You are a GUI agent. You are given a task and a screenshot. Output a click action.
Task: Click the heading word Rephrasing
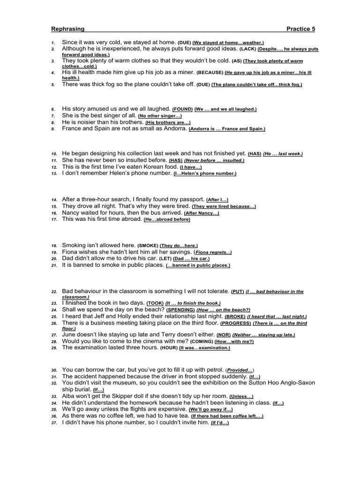pyautogui.click(x=67, y=29)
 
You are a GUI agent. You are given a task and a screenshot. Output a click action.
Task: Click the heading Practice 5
pyautogui.click(x=301, y=29)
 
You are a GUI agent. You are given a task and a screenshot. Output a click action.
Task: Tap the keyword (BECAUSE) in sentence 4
pyautogui.click(x=210, y=73)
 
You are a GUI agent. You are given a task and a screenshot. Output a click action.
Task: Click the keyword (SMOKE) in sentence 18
pyautogui.click(x=148, y=246)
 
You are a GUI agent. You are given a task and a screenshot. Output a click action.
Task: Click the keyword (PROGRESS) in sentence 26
pyautogui.click(x=236, y=323)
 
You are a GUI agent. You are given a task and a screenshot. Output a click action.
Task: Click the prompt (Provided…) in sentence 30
pyautogui.click(x=240, y=370)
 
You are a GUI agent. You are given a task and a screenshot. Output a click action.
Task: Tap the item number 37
pyautogui.click(x=54, y=423)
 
